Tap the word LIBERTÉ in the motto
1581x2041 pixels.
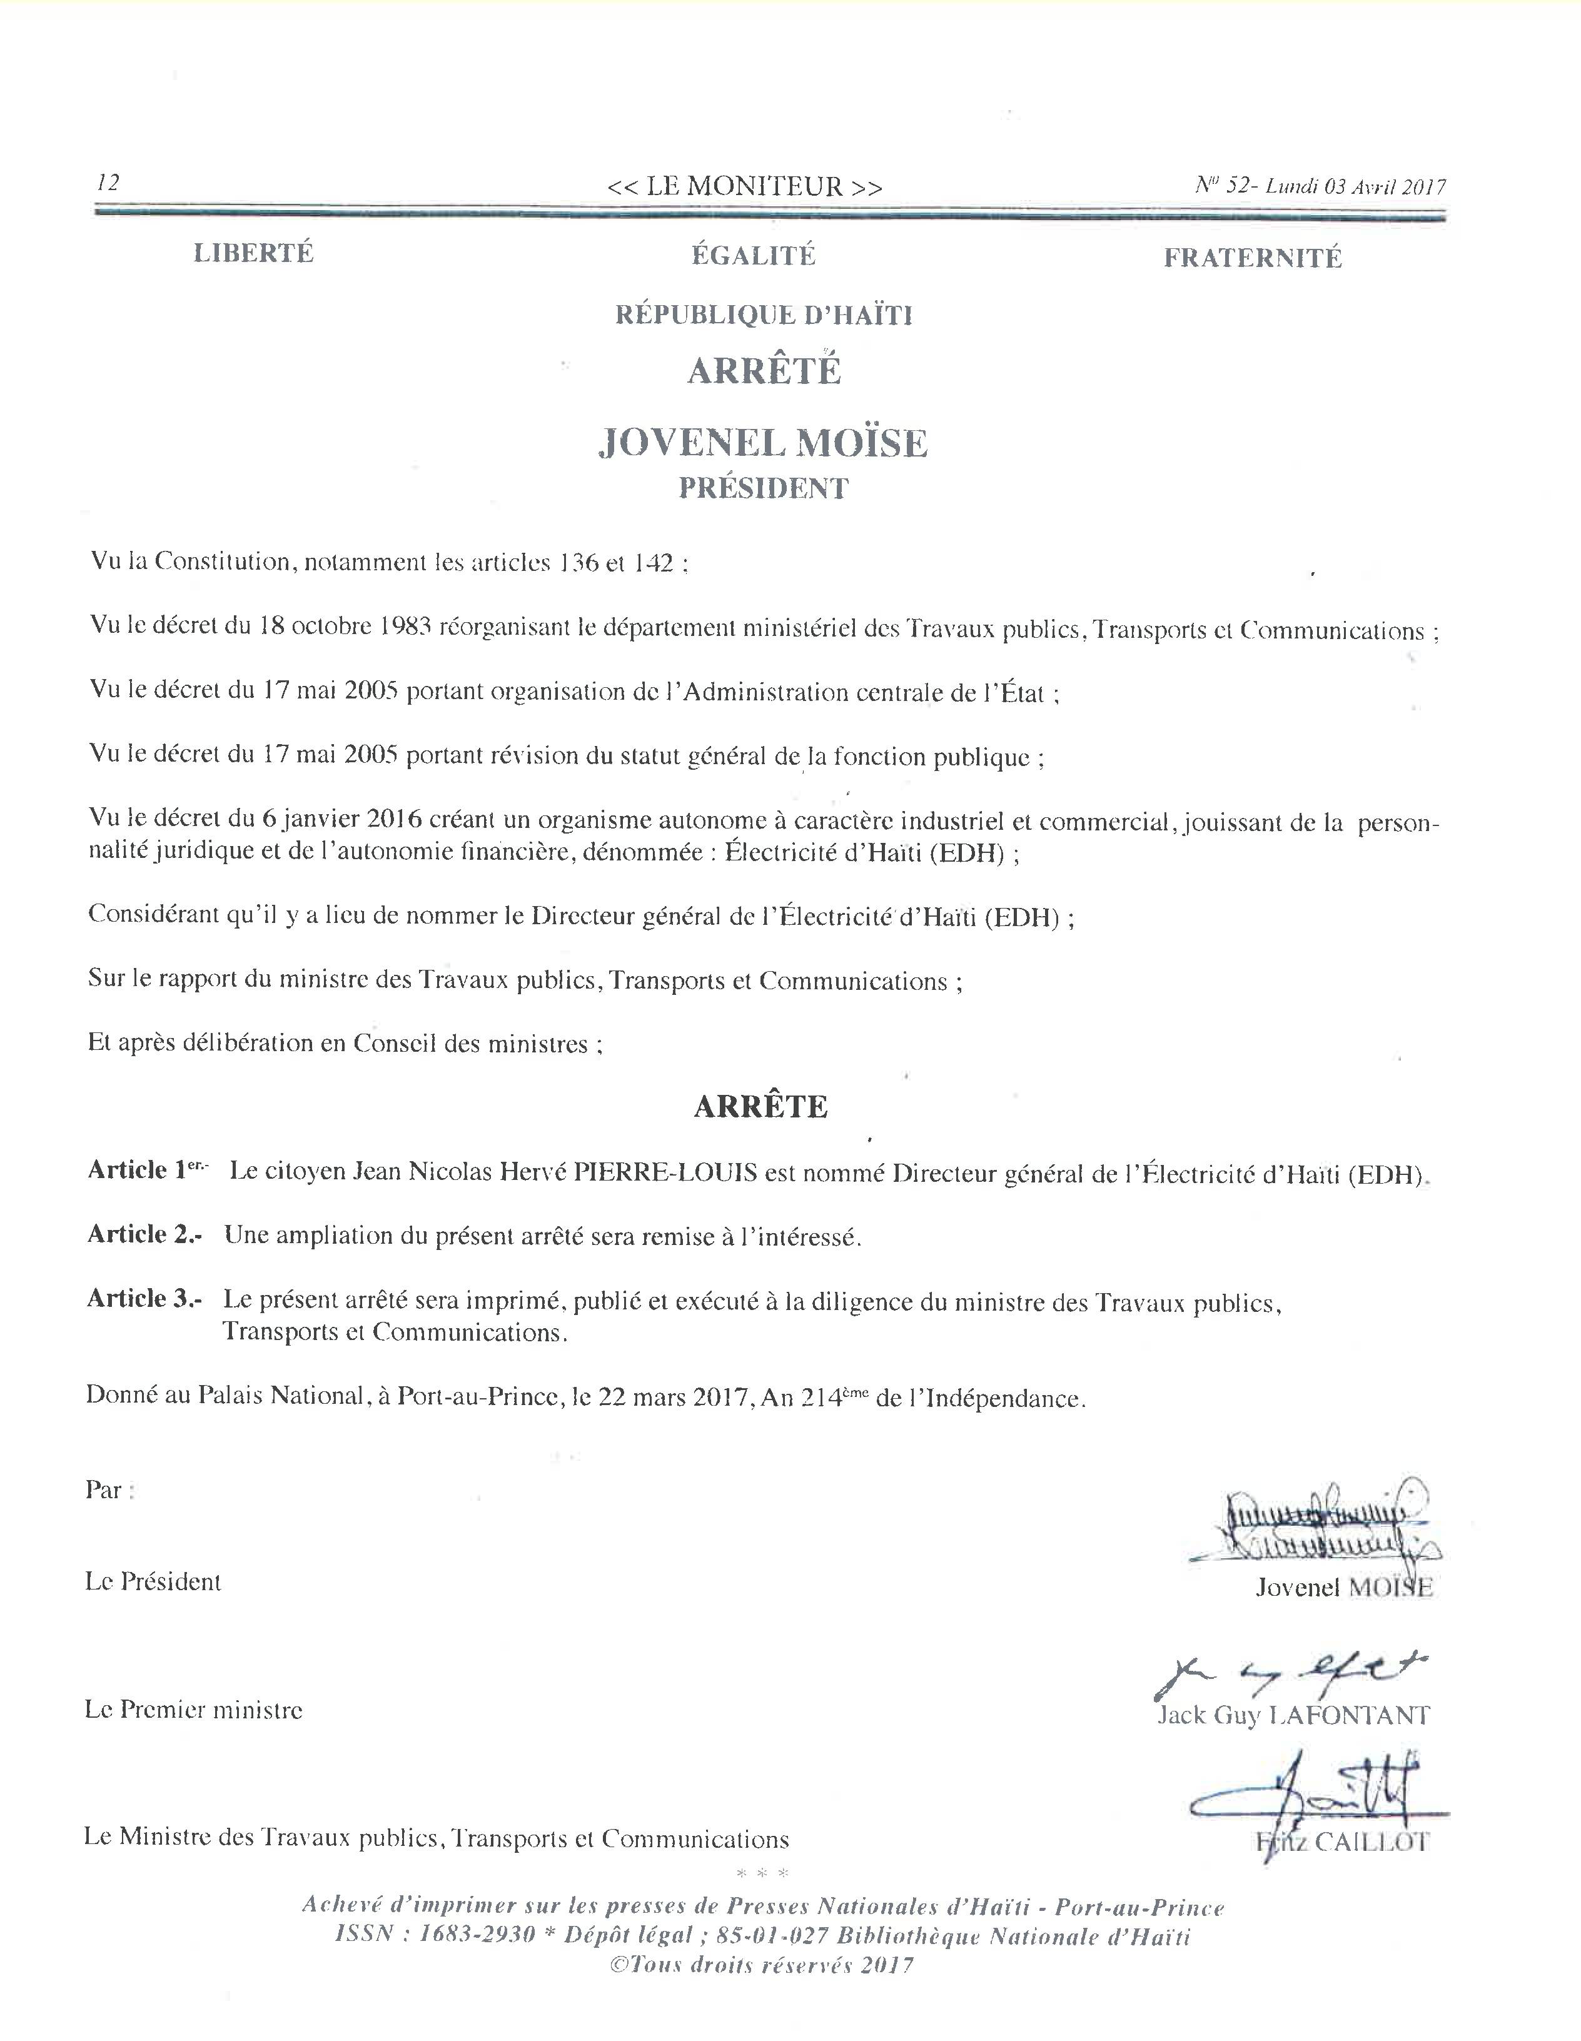[253, 253]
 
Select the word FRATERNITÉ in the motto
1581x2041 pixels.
[1252, 258]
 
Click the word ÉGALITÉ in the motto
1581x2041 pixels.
[753, 255]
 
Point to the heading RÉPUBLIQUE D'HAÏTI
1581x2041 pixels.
[764, 315]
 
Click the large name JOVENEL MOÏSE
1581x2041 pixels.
[762, 443]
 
